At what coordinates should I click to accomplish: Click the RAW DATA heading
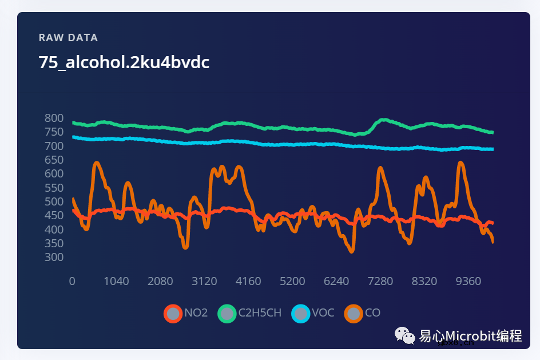pyautogui.click(x=68, y=38)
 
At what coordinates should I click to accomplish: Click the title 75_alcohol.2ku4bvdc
pyautogui.click(x=124, y=62)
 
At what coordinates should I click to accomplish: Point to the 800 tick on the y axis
pyautogui.click(x=54, y=118)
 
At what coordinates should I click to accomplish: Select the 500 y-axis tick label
pyautogui.click(x=54, y=201)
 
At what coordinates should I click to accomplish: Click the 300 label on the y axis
pyautogui.click(x=54, y=257)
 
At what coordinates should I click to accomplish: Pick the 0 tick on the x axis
pyautogui.click(x=72, y=281)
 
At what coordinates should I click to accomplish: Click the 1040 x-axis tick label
pyautogui.click(x=116, y=281)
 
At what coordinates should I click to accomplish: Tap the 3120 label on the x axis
pyautogui.click(x=204, y=281)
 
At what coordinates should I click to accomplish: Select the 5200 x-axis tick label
pyautogui.click(x=292, y=281)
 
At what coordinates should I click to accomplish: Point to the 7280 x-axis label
pyautogui.click(x=380, y=281)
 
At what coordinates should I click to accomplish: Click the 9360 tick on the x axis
pyautogui.click(x=468, y=281)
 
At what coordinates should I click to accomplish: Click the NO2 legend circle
pyautogui.click(x=172, y=313)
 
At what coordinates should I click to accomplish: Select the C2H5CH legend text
pyautogui.click(x=260, y=313)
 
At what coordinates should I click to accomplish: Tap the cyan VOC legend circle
pyautogui.click(x=300, y=313)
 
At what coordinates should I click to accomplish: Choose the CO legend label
pyautogui.click(x=372, y=313)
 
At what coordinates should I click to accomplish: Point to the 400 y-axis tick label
pyautogui.click(x=54, y=230)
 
